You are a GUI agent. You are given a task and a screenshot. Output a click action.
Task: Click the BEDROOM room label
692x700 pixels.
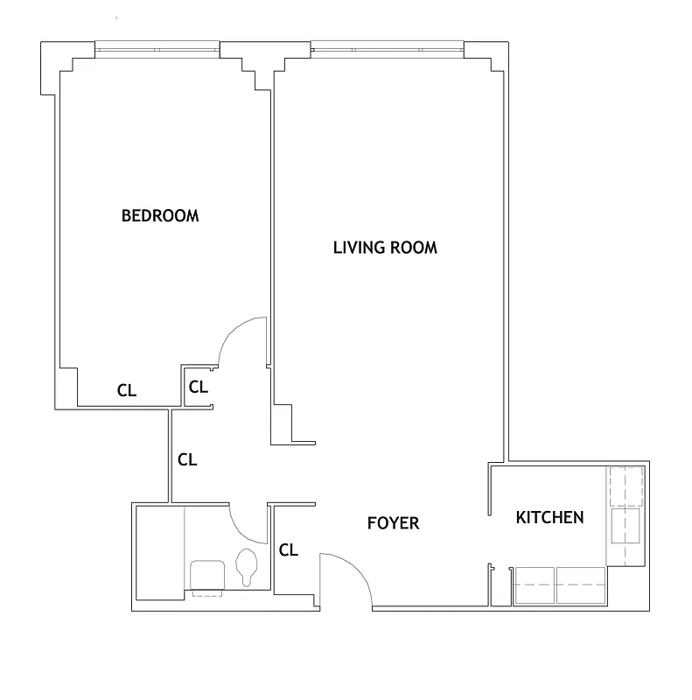coord(159,215)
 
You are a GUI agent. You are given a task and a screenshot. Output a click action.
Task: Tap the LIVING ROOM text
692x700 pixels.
coord(385,248)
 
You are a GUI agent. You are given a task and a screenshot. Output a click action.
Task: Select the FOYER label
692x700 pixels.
coord(393,523)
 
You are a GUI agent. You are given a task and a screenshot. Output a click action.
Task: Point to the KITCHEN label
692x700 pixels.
coord(549,517)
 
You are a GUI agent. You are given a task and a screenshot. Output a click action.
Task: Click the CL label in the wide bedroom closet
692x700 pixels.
coord(127,391)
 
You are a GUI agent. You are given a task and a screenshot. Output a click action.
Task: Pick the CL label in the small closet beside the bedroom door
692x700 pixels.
coord(199,386)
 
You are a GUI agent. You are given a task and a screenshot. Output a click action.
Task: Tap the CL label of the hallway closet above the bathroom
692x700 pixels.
coord(187,458)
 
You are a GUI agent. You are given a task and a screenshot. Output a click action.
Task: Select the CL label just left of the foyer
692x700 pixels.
coord(289,550)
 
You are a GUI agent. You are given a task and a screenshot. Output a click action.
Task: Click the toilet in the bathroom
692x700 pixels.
coord(248,566)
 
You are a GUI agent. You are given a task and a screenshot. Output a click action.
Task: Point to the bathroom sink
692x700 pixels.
coord(208,577)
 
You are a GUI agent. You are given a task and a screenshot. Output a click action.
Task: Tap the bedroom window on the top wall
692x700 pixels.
coord(157,49)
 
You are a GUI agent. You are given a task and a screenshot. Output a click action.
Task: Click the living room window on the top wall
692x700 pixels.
coord(387,49)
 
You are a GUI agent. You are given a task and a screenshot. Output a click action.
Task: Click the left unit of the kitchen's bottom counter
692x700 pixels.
coord(535,584)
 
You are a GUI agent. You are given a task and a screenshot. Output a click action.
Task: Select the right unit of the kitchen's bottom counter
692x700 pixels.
coord(581,584)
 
